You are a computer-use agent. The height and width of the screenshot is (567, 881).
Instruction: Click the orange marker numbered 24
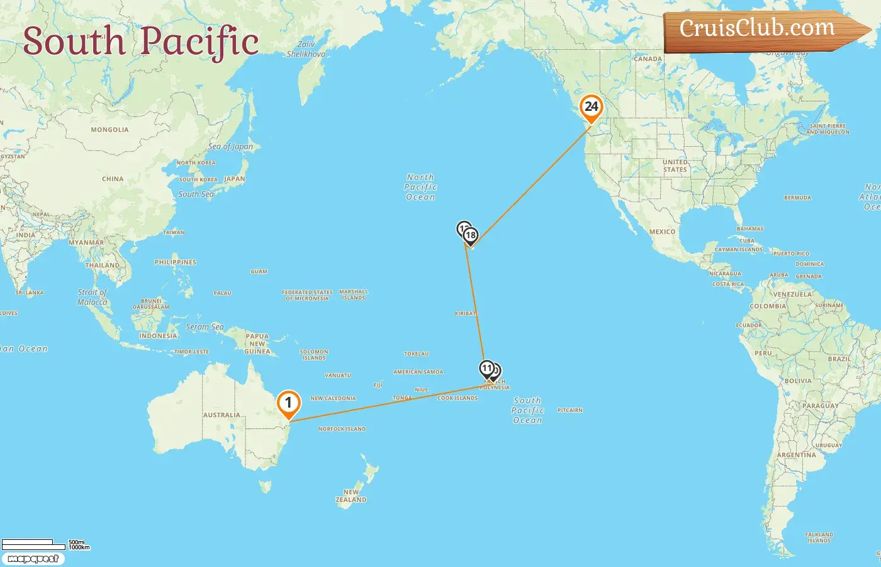pyautogui.click(x=591, y=107)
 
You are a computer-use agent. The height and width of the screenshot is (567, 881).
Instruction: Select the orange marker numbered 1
pyautogui.click(x=288, y=403)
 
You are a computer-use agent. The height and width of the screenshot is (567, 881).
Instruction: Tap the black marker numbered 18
pyautogui.click(x=471, y=236)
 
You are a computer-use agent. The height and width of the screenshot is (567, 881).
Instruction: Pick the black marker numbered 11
pyautogui.click(x=486, y=369)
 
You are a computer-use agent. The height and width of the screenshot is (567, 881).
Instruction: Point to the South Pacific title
pyautogui.click(x=141, y=42)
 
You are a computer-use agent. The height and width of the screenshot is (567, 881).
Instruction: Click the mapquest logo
pyautogui.click(x=33, y=559)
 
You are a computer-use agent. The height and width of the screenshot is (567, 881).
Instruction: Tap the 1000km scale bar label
pyautogui.click(x=79, y=547)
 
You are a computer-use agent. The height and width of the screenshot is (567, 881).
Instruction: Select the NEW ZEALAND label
pyautogui.click(x=351, y=496)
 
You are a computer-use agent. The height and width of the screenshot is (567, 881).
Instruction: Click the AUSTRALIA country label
pyautogui.click(x=222, y=415)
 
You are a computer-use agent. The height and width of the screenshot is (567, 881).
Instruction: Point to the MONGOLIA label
pyautogui.click(x=109, y=130)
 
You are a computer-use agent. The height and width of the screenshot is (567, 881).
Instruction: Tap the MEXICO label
pyautogui.click(x=662, y=232)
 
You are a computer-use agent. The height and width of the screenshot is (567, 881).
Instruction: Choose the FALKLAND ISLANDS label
pyautogui.click(x=819, y=537)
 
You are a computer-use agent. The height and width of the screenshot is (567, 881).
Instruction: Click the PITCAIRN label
pyautogui.click(x=570, y=410)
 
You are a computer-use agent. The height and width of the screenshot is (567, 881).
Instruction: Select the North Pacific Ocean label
pyautogui.click(x=420, y=187)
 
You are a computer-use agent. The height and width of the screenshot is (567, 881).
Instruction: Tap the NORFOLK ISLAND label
pyautogui.click(x=342, y=429)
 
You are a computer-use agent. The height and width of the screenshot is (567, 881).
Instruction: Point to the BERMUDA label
pyautogui.click(x=797, y=198)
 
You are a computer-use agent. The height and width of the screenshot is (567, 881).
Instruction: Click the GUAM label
pyautogui.click(x=259, y=272)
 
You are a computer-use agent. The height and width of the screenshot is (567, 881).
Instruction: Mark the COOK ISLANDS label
pyautogui.click(x=457, y=398)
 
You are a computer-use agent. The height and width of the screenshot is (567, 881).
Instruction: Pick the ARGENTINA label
pyautogui.click(x=796, y=455)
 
